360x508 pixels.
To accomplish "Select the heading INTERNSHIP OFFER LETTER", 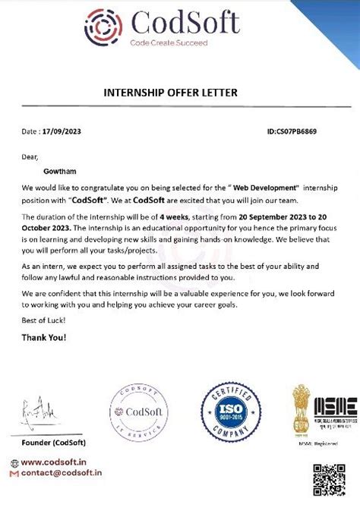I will (x=170, y=93).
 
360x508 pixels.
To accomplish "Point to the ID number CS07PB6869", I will (x=292, y=131).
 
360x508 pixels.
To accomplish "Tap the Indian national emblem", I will (x=302, y=410).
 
